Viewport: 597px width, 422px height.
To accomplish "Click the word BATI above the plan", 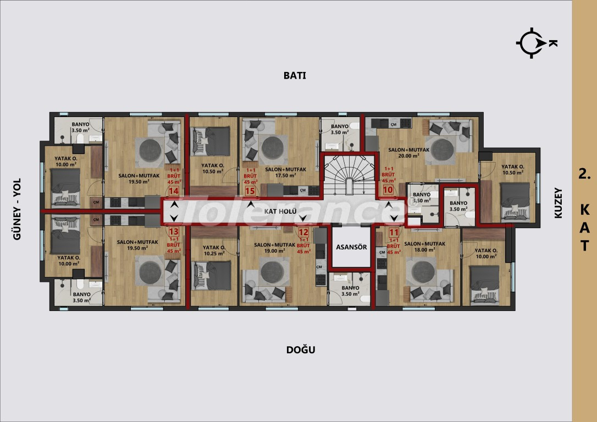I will click(294, 76).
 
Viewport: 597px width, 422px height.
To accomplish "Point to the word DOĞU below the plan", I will click(301, 350).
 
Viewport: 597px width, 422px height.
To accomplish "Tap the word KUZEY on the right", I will click(559, 204).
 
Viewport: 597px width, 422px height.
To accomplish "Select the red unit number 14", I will click(174, 191).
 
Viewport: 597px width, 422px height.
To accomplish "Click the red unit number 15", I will click(251, 191).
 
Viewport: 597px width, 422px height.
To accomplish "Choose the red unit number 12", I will click(303, 232).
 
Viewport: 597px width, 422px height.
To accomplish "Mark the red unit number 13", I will click(174, 232).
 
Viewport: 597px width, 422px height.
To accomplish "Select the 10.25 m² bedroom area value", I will click(214, 254).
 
